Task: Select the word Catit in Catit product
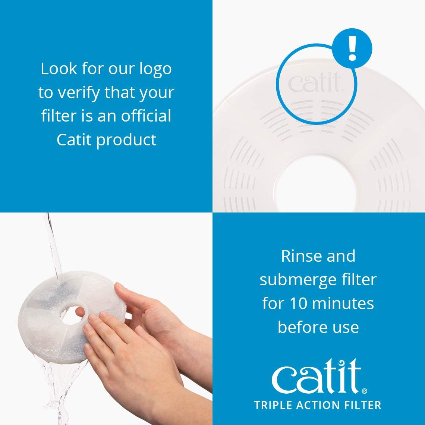pos(74,140)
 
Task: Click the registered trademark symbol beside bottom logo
pos(365,391)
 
